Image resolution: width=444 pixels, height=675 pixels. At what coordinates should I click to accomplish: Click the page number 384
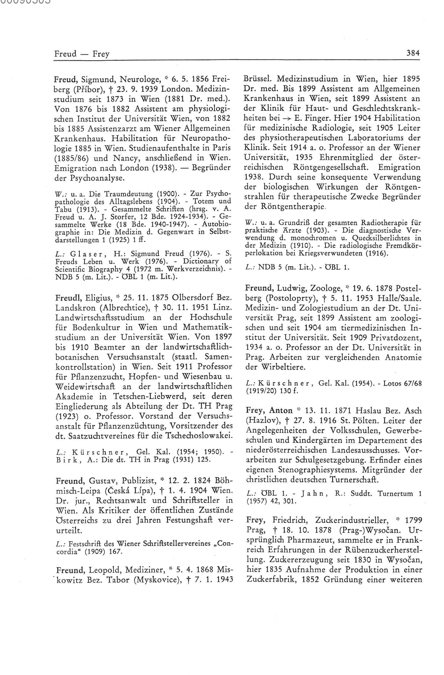click(x=412, y=53)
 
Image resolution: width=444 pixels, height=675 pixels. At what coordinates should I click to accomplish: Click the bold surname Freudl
click(x=67, y=298)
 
